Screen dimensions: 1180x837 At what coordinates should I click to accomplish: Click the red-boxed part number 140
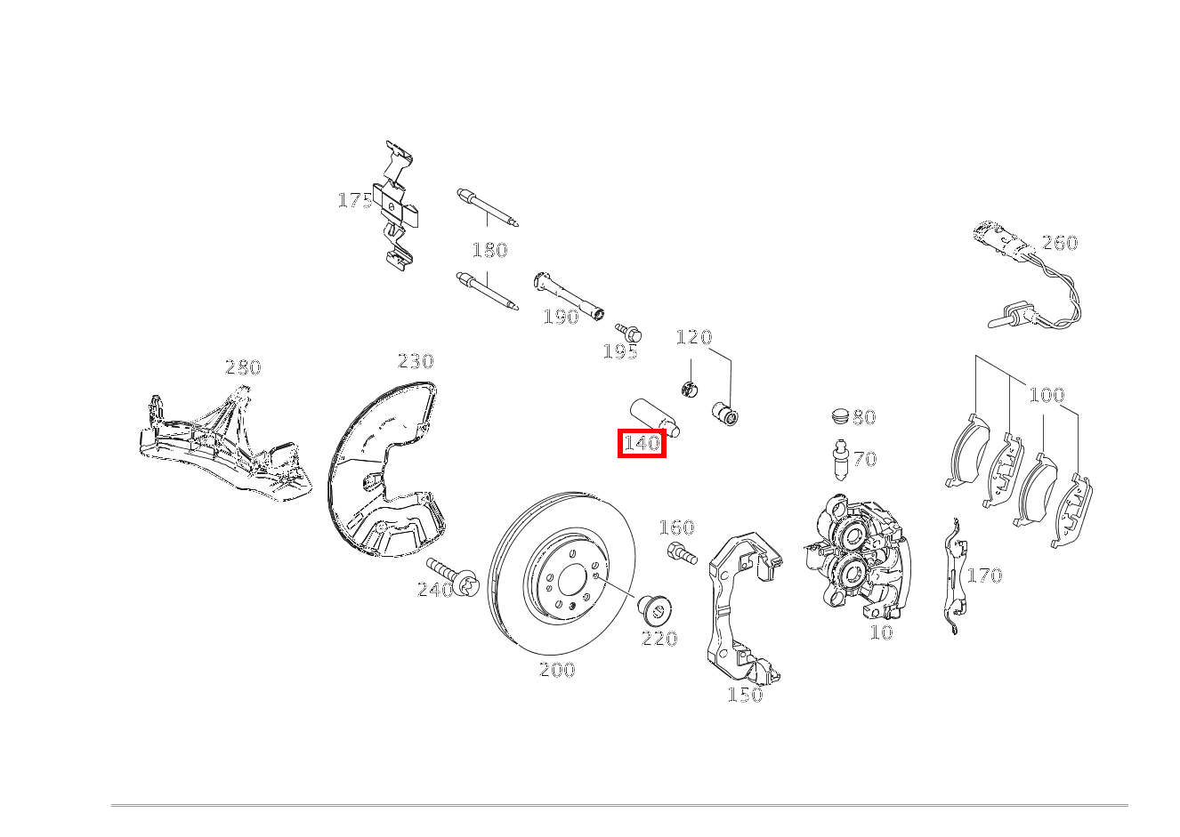642,443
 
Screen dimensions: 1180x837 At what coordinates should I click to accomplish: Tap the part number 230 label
416,361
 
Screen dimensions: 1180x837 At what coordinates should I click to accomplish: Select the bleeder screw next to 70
840,459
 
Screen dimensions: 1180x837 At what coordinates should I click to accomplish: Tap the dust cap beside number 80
841,416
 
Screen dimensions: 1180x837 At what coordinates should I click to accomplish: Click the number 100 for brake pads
1047,395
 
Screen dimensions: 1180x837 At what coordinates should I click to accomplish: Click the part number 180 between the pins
490,250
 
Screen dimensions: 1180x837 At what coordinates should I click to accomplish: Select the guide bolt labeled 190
569,296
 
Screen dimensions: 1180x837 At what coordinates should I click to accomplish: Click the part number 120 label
694,337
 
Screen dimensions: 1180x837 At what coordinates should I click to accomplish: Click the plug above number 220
656,612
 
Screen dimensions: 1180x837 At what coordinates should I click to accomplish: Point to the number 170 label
984,575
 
